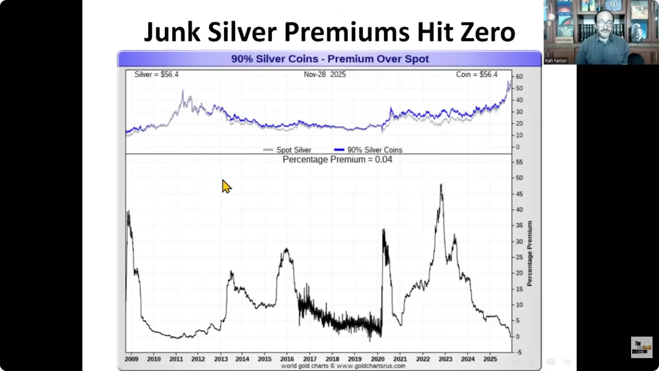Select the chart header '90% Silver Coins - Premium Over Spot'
click(330, 59)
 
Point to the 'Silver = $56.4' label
click(156, 75)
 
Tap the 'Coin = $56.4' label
click(476, 75)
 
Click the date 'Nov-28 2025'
click(325, 75)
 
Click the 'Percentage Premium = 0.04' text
click(337, 159)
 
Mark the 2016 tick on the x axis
click(287, 359)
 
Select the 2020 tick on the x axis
click(378, 359)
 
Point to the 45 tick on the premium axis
click(520, 194)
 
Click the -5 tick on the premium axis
click(519, 353)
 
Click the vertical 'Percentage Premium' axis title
click(530, 253)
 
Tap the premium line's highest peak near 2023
click(441, 184)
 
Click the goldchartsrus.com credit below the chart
click(343, 366)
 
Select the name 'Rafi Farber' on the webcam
click(556, 60)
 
